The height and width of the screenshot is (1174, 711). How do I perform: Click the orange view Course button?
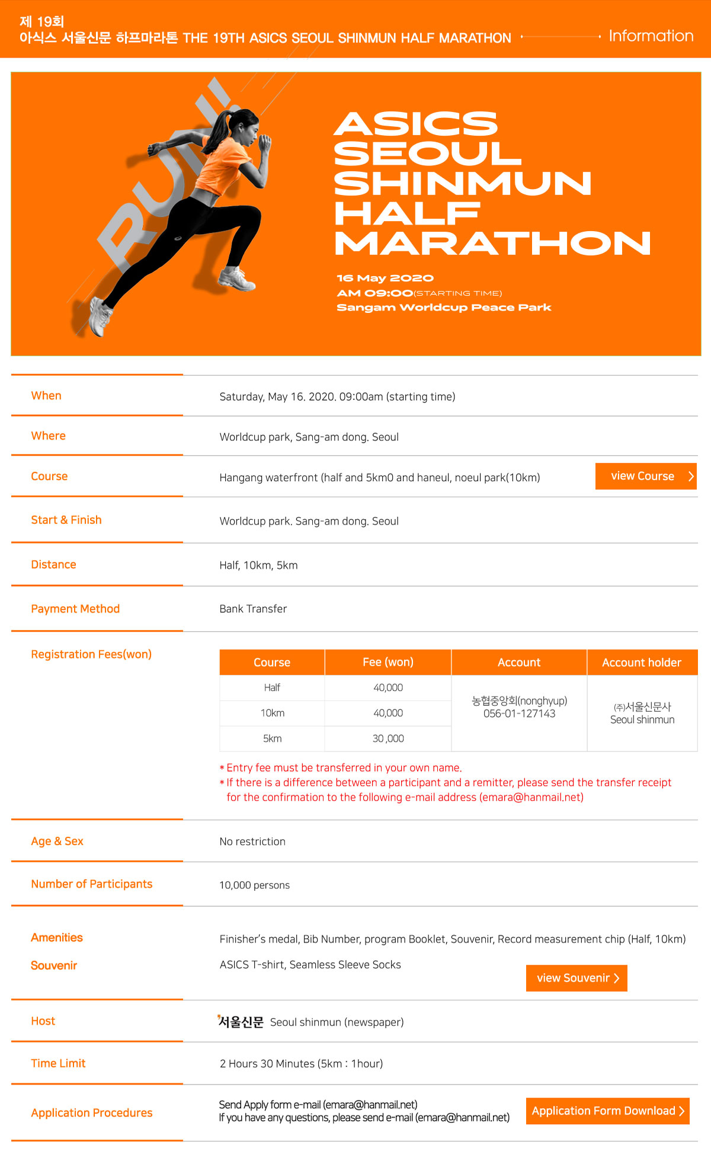pyautogui.click(x=645, y=476)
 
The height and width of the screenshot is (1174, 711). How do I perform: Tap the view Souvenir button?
pyautogui.click(x=576, y=978)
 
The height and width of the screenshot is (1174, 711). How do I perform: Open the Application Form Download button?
pyautogui.click(x=607, y=1111)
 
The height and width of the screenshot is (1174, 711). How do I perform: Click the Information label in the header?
pyautogui.click(x=651, y=36)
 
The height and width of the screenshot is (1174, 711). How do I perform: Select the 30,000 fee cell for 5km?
pyautogui.click(x=388, y=738)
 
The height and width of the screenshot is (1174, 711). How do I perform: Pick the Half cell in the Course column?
pyautogui.click(x=272, y=687)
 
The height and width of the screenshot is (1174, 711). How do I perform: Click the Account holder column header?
pyautogui.click(x=642, y=663)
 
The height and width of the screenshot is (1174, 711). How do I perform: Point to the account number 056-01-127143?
pyautogui.click(x=519, y=714)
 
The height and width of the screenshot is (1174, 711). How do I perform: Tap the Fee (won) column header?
pyautogui.click(x=388, y=663)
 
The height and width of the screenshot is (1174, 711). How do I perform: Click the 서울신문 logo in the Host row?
pyautogui.click(x=241, y=1022)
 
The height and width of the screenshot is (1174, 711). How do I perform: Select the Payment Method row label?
pyautogui.click(x=75, y=609)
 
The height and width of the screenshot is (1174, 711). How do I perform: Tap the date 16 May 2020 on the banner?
pyautogui.click(x=385, y=278)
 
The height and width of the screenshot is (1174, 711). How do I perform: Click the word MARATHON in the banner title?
pyautogui.click(x=492, y=244)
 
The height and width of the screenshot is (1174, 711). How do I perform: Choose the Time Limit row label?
pyautogui.click(x=58, y=1063)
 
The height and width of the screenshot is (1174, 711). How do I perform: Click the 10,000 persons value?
pyautogui.click(x=255, y=885)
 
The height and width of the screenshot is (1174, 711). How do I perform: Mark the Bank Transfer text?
pyautogui.click(x=253, y=609)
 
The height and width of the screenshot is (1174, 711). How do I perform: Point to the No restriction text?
pyautogui.click(x=252, y=842)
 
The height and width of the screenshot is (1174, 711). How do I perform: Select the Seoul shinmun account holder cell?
pyautogui.click(x=642, y=714)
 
